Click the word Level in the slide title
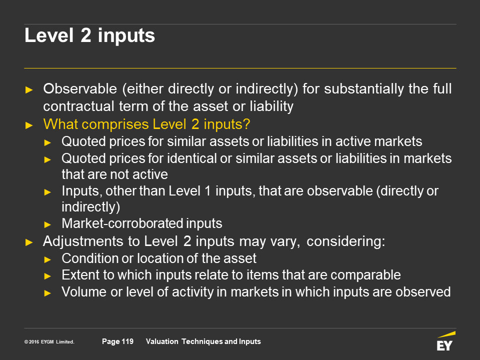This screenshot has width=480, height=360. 49,35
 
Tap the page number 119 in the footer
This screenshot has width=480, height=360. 127,341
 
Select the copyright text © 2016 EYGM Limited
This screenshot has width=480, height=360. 49,342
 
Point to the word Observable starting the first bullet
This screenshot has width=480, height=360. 80,89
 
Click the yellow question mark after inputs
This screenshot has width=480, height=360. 246,124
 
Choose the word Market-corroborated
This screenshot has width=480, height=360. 122,223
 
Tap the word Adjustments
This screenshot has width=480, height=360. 83,241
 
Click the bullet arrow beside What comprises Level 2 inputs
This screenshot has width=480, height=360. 29,125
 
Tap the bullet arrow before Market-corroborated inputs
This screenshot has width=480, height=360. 47,224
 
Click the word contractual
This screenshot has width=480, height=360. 78,106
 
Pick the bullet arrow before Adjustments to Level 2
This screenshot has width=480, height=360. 29,242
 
